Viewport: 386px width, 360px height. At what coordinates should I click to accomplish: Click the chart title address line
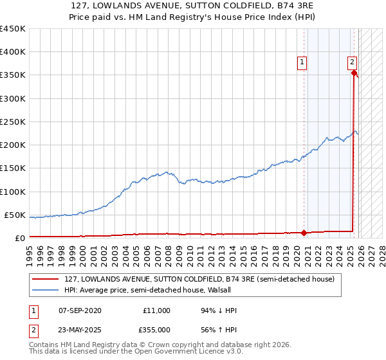tap(192, 7)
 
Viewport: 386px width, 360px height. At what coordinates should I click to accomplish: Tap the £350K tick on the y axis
tap(12, 75)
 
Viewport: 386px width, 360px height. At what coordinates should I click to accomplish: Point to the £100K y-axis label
tap(12, 192)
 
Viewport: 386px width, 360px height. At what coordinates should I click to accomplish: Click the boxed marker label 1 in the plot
tap(302, 62)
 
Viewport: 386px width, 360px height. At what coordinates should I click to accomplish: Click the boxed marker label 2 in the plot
tap(353, 62)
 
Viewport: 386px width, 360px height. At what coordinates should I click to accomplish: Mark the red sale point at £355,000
tap(354, 73)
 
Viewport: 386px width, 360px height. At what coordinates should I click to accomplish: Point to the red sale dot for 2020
tap(304, 233)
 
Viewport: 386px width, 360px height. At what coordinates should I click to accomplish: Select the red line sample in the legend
tap(46, 280)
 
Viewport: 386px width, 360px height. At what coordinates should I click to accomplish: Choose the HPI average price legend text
tap(138, 290)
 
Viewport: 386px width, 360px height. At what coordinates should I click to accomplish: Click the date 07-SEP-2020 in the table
tap(80, 310)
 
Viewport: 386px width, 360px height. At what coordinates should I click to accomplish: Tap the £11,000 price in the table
tap(156, 310)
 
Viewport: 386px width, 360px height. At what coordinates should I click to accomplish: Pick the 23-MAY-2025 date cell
tap(80, 329)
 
